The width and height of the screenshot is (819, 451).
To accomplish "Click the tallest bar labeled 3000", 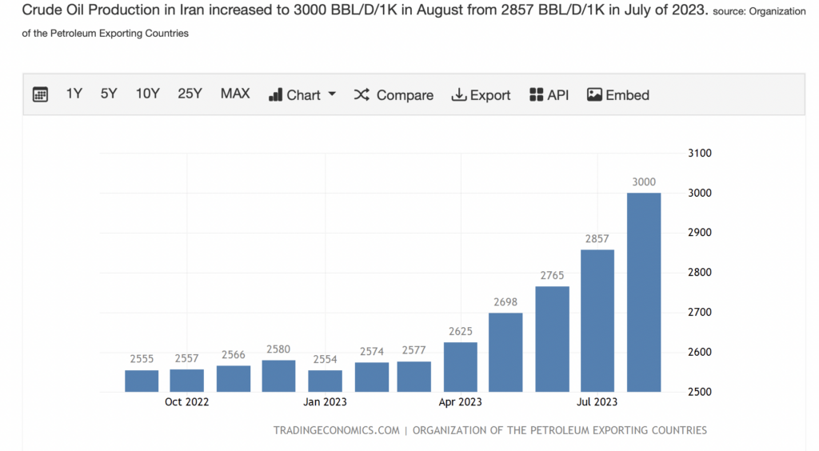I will click(x=644, y=292).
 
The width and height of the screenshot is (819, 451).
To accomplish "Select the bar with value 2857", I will click(x=597, y=321).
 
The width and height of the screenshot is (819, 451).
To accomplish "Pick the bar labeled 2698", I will click(x=505, y=352).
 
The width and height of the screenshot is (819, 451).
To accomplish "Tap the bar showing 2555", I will click(x=142, y=381).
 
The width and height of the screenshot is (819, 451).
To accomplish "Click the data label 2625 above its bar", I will click(x=460, y=331).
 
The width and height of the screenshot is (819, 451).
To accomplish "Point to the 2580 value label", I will click(x=278, y=349).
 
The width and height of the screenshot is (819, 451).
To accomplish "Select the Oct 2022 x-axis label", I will click(x=186, y=402).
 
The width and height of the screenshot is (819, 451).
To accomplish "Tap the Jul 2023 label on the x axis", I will click(x=597, y=402).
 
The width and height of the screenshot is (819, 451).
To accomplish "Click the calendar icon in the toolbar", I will click(x=40, y=94).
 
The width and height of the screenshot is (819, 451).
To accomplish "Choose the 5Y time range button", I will click(x=109, y=94).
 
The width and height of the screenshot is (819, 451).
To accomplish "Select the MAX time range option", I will click(x=235, y=94).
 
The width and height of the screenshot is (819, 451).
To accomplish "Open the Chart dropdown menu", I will click(x=302, y=95).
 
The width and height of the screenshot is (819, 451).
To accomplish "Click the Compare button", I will click(x=394, y=95).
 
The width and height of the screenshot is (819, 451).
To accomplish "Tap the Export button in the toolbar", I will click(x=481, y=95).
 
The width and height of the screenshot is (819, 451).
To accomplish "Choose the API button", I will click(x=549, y=95).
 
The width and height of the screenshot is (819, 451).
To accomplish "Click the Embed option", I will click(x=618, y=95).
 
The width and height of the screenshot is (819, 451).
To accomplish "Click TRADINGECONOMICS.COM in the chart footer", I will click(x=336, y=430).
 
